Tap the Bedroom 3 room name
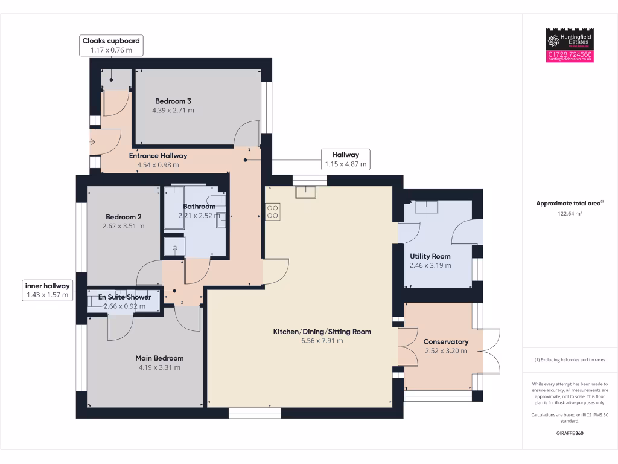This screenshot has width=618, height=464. [x=173, y=101]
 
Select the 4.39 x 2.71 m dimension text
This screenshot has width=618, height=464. [x=173, y=111]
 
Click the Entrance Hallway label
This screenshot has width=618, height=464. [x=158, y=155]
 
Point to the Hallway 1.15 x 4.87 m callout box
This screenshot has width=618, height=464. [x=345, y=159]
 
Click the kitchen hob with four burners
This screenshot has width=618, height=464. [x=272, y=211]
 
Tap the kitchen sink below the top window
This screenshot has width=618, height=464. [x=305, y=193]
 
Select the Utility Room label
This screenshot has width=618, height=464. [x=430, y=256]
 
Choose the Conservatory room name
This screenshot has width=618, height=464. [x=445, y=341]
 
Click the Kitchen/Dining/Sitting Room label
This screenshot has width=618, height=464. [x=322, y=331]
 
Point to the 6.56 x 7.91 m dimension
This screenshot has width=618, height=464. [x=322, y=341]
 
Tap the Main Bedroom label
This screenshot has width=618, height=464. [x=159, y=358]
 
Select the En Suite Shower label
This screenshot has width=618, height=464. [x=125, y=297]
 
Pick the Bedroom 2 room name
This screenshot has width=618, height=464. [x=124, y=217]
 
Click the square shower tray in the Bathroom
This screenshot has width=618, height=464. [x=176, y=247]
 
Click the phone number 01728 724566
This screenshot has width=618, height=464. [x=570, y=54]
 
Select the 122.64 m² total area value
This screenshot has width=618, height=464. [x=570, y=213]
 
